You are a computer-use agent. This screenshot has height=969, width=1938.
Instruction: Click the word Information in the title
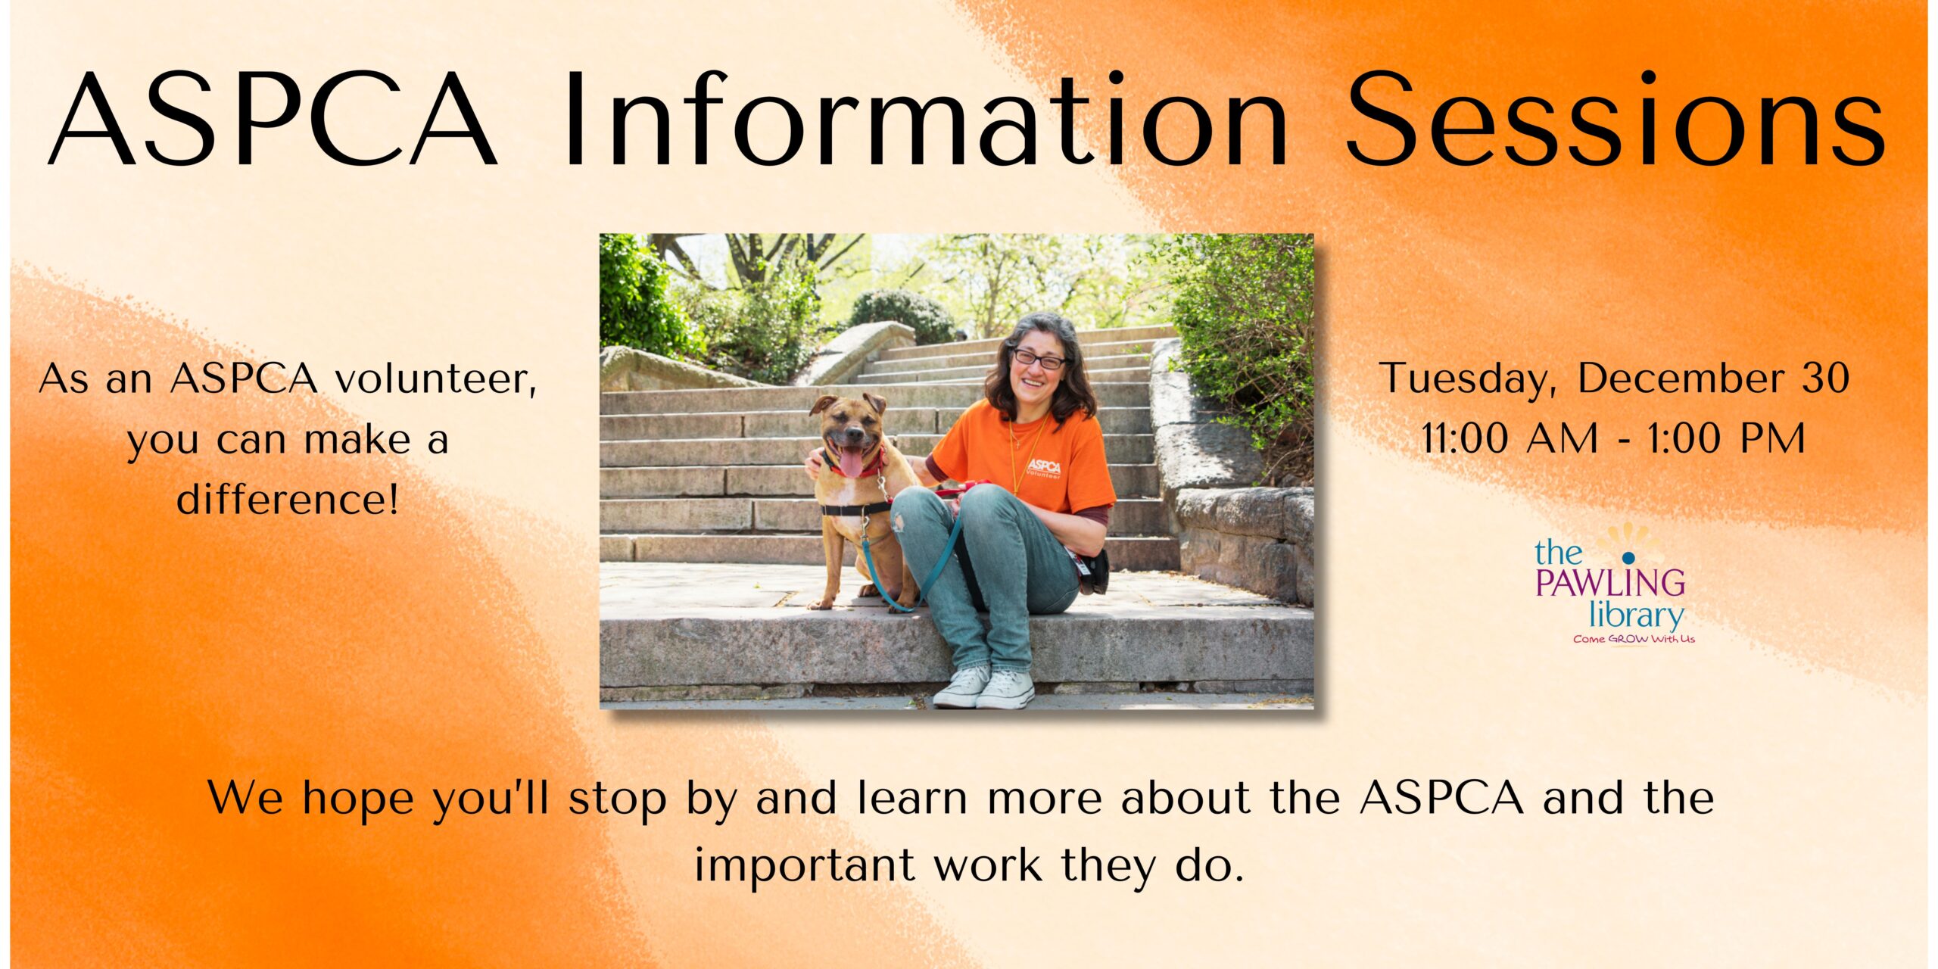(x=925, y=119)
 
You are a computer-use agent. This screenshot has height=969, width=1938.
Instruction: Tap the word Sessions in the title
(x=1616, y=119)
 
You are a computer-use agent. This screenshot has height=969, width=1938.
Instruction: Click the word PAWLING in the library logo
(x=1610, y=583)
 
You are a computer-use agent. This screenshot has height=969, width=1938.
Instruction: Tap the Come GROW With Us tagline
(x=1634, y=639)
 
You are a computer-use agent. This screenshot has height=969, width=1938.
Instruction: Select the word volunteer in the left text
(x=435, y=379)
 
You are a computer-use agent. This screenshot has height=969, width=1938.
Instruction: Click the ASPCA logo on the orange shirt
(x=1043, y=468)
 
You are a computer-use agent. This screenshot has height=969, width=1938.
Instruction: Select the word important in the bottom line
(x=805, y=865)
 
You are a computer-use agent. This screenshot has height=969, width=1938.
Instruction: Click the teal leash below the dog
(x=908, y=568)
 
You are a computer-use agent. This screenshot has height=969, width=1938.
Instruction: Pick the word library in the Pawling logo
(x=1636, y=615)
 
